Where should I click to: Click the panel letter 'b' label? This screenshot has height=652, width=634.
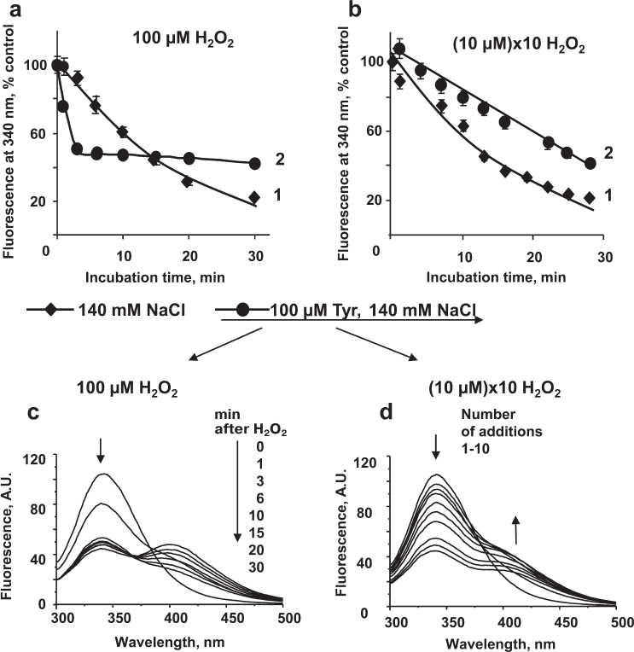(352, 10)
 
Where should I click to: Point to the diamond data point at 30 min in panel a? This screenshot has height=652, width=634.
(254, 197)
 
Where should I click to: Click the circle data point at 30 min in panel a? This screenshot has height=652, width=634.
(254, 163)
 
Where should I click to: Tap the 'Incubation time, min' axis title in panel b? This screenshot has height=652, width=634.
(495, 277)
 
